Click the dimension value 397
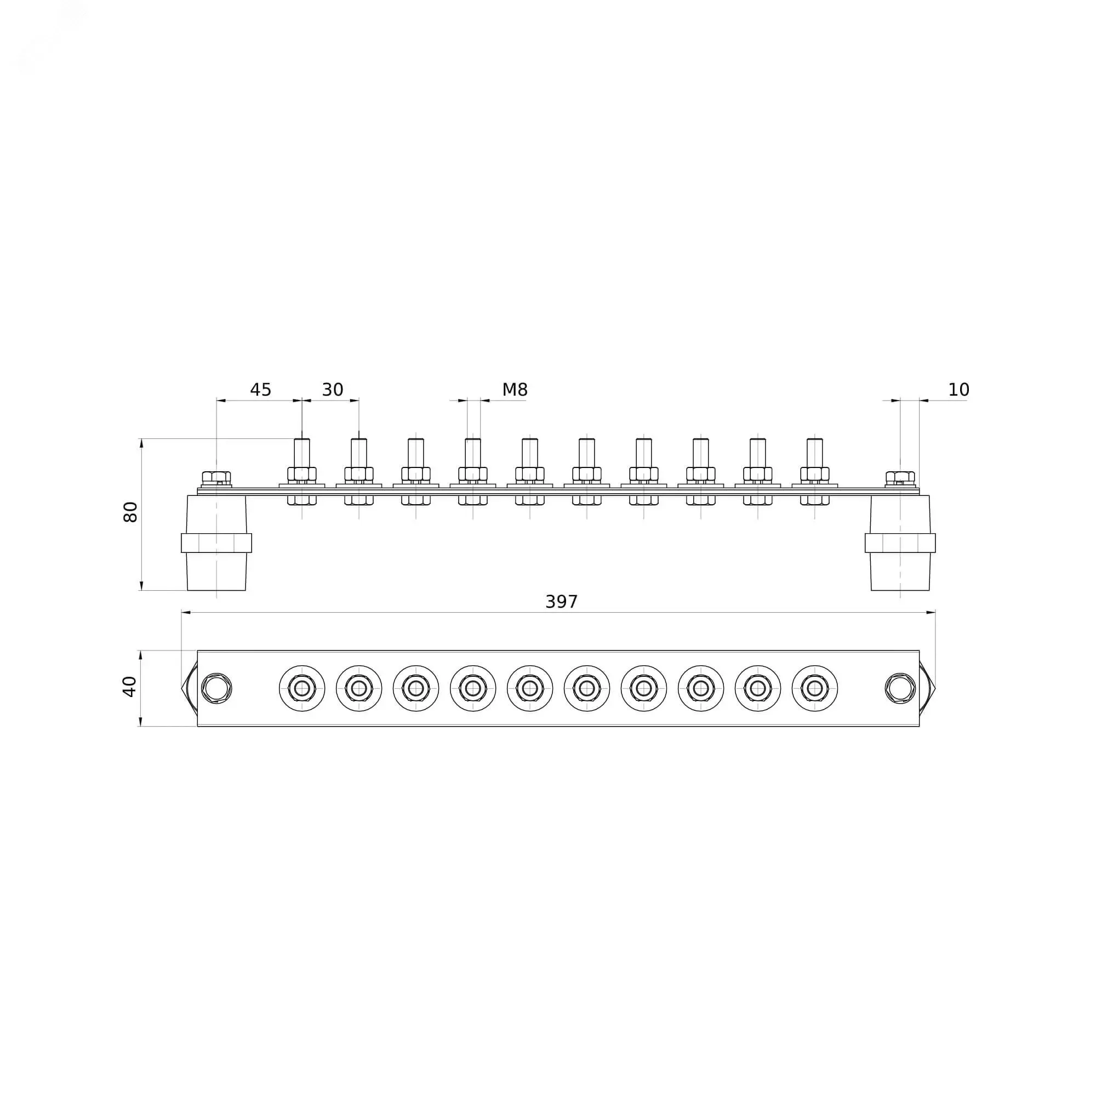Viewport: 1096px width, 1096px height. click(561, 602)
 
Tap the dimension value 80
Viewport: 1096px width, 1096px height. click(130, 512)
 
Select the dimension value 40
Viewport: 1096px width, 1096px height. click(130, 687)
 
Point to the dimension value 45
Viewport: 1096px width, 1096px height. click(260, 390)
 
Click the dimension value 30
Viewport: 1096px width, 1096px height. click(333, 390)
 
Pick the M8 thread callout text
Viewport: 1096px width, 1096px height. click(515, 390)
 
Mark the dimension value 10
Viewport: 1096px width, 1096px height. click(958, 390)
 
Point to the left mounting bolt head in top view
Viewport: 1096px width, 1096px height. click(216, 688)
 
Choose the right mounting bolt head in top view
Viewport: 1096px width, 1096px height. click(900, 688)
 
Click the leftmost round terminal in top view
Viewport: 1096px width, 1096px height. click(302, 688)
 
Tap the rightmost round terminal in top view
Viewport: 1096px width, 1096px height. click(815, 688)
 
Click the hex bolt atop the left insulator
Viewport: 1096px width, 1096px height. click(216, 477)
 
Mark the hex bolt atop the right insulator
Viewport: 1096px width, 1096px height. click(900, 477)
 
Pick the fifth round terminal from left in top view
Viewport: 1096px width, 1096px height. click(530, 688)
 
